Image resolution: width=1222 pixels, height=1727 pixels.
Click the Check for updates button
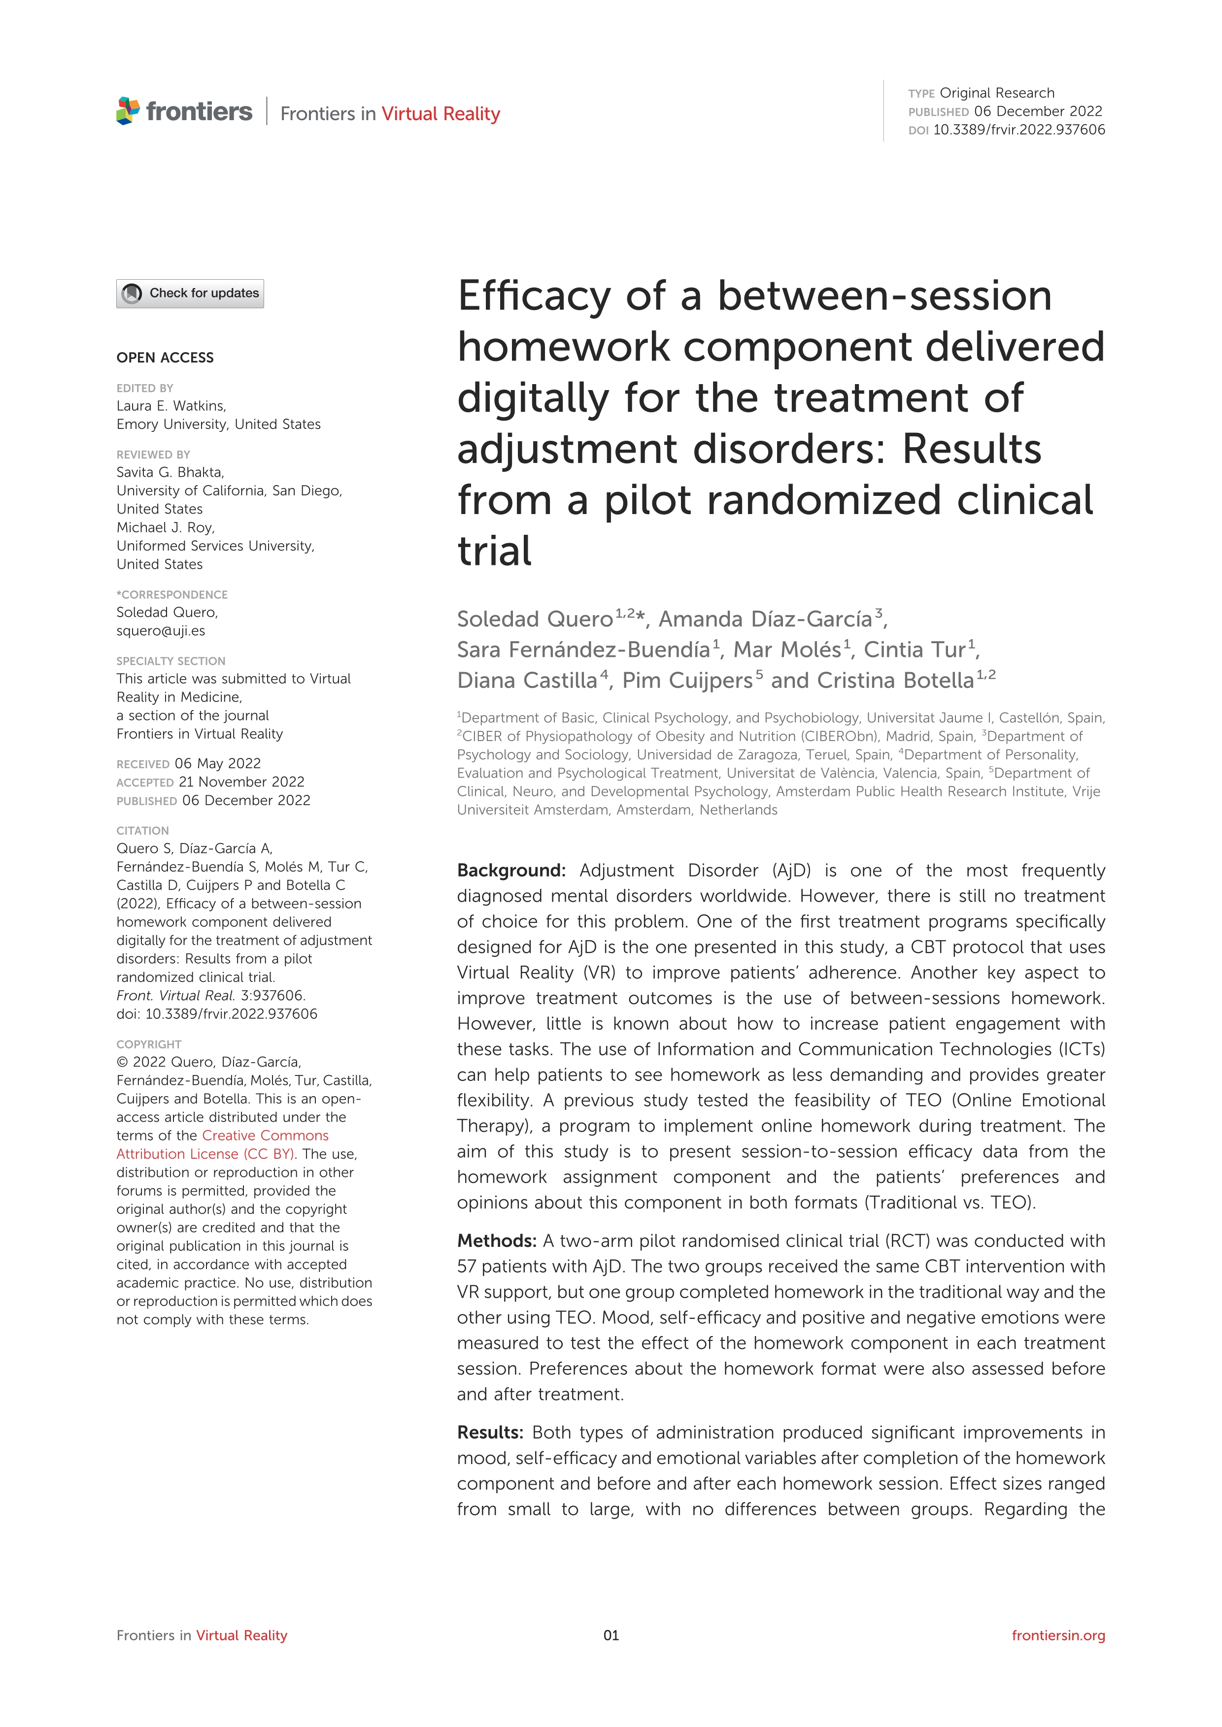[190, 293]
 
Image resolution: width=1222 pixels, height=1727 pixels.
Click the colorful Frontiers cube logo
[128, 111]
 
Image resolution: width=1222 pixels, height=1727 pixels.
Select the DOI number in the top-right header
[1019, 130]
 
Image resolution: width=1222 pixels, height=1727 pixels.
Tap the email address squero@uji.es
[160, 631]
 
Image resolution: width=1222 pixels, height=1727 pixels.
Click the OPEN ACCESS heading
[165, 358]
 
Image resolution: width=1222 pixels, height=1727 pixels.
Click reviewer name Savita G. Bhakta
[170, 472]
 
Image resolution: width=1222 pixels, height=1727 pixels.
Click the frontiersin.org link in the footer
[1058, 1635]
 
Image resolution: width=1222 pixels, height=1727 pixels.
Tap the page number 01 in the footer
[611, 1635]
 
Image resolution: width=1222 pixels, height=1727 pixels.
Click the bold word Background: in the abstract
[511, 870]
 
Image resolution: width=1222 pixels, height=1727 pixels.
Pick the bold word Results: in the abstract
[490, 1433]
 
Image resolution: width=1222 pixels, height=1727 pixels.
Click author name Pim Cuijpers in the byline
[687, 681]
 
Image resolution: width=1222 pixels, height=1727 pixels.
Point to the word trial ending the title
[494, 552]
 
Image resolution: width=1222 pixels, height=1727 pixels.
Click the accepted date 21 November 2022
[241, 782]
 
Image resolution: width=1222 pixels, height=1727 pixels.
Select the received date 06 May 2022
[217, 763]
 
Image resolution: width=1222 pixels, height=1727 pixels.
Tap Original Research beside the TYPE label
[997, 93]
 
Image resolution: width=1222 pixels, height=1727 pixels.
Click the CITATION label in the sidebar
[142, 831]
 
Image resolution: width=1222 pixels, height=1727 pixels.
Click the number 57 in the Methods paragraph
[467, 1267]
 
